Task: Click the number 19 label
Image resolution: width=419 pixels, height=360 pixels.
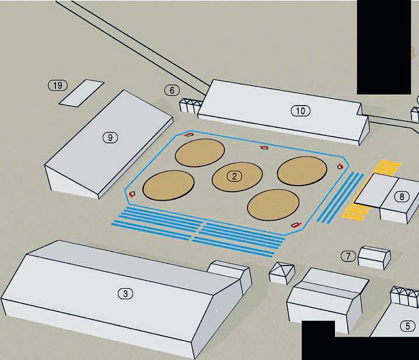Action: tap(57, 86)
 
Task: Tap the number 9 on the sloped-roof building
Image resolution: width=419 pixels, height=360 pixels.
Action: tap(110, 138)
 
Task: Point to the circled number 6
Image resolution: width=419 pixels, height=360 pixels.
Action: tap(171, 90)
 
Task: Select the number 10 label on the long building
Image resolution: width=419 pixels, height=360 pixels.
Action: tap(300, 111)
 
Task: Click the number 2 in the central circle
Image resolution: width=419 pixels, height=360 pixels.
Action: tap(234, 176)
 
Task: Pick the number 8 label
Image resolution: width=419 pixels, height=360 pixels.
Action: tap(401, 197)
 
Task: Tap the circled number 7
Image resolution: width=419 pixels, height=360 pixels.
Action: tap(348, 256)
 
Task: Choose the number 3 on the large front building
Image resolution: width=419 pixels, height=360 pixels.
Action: tap(125, 293)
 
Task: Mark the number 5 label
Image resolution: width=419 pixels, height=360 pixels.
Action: tap(407, 326)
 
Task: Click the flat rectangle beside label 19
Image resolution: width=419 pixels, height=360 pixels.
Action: tap(81, 93)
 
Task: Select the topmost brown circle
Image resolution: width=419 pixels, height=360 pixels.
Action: tap(200, 153)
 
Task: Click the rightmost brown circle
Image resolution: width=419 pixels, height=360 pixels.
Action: tap(302, 170)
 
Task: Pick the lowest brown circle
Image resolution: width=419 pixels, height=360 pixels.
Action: tap(273, 205)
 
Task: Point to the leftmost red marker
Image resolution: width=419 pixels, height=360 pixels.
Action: tap(132, 193)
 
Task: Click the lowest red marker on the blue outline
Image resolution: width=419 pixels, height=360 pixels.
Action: tap(296, 224)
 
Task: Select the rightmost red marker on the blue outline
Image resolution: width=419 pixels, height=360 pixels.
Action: tap(340, 167)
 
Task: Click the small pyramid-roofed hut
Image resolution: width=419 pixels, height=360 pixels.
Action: tap(282, 272)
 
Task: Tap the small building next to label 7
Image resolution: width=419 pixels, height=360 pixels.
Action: tap(374, 257)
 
